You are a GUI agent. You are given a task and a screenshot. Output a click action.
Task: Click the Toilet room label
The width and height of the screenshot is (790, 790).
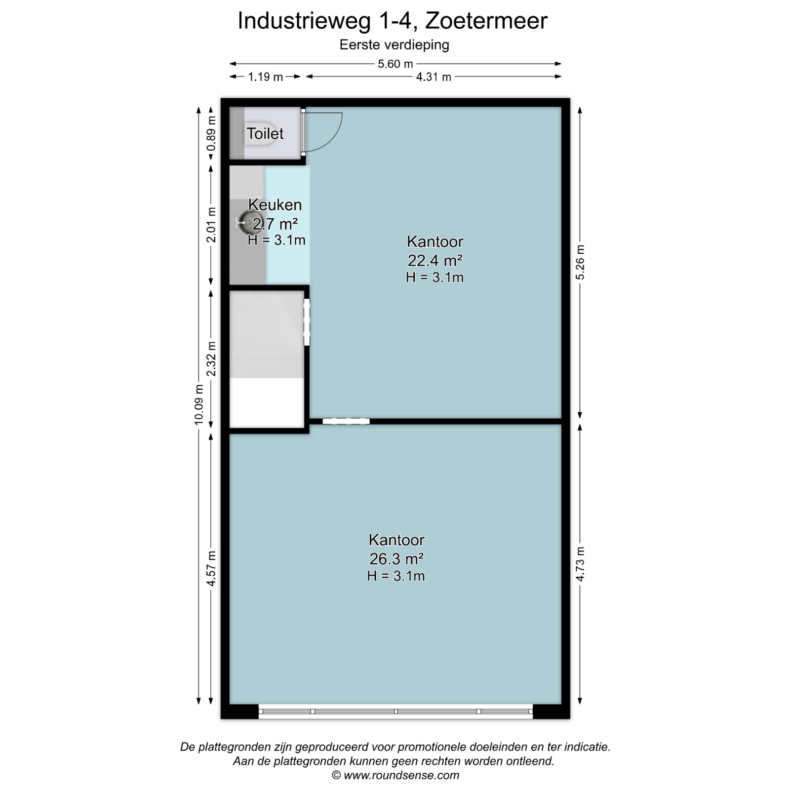[x=265, y=133]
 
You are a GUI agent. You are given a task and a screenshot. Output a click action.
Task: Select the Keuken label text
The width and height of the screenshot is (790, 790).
[x=275, y=204]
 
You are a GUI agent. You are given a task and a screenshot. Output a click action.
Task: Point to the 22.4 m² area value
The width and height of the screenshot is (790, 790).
[x=435, y=260]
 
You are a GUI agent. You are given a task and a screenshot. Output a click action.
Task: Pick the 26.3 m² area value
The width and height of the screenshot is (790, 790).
[x=396, y=558]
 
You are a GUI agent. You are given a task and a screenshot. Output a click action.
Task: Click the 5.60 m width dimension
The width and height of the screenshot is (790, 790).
[x=395, y=64]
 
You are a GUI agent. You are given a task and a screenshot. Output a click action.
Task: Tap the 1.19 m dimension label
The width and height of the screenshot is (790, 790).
[x=265, y=77]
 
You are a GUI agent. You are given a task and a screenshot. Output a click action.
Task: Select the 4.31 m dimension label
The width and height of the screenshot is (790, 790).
[x=434, y=77]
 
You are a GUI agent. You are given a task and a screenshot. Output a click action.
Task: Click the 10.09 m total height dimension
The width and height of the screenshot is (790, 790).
[x=199, y=404]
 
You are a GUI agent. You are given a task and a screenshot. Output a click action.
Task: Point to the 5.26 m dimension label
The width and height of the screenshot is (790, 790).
[x=580, y=262]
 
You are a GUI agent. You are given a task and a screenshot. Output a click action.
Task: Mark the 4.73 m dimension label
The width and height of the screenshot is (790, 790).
[x=580, y=564]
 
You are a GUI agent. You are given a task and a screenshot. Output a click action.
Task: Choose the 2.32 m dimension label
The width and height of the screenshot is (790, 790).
[x=211, y=358]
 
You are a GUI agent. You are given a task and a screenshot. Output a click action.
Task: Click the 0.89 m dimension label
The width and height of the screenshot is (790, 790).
[x=211, y=133]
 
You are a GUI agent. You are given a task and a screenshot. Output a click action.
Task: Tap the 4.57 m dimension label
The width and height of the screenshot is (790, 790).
[x=211, y=568]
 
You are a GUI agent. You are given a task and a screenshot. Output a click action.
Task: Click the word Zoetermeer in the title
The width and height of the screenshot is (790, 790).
[x=486, y=21]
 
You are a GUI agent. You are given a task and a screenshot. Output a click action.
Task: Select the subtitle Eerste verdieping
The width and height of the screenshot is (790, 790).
[x=394, y=45]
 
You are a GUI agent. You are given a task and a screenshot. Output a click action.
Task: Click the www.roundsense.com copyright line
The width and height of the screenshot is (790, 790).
[x=395, y=775]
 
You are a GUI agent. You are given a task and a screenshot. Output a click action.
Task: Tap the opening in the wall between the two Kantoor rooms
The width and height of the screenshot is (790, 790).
[x=346, y=421]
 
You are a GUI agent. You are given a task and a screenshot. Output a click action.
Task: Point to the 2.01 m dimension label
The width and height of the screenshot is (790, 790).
[x=211, y=225]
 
